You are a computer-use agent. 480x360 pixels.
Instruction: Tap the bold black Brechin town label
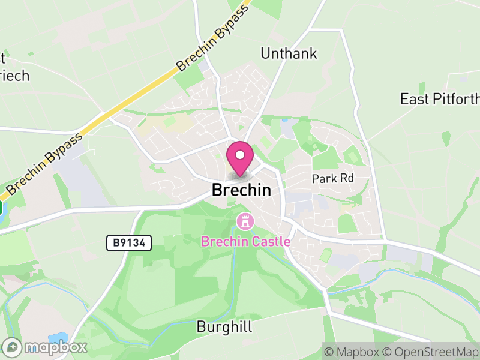click(241, 190)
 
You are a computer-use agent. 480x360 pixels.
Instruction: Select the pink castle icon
click(245, 221)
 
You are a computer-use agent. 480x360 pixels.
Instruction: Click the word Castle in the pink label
click(270, 242)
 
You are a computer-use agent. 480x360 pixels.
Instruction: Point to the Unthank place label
click(289, 53)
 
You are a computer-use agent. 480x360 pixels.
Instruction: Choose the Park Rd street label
click(333, 178)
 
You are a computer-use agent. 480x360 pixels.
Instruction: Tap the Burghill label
click(224, 328)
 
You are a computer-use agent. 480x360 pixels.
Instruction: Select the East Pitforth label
click(440, 99)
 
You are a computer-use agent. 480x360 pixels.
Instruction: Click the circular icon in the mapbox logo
click(13, 347)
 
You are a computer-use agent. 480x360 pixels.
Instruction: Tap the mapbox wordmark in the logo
click(55, 347)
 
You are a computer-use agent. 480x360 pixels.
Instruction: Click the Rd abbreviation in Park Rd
click(347, 178)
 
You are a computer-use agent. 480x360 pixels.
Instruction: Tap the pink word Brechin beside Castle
click(224, 242)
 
